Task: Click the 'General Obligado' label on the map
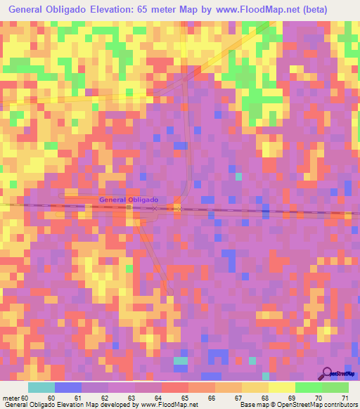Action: [x=129, y=200]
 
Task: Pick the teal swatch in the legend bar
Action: [x=41, y=387]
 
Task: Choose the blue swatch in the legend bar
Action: [x=68, y=387]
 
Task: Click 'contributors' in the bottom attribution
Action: [x=340, y=404]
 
